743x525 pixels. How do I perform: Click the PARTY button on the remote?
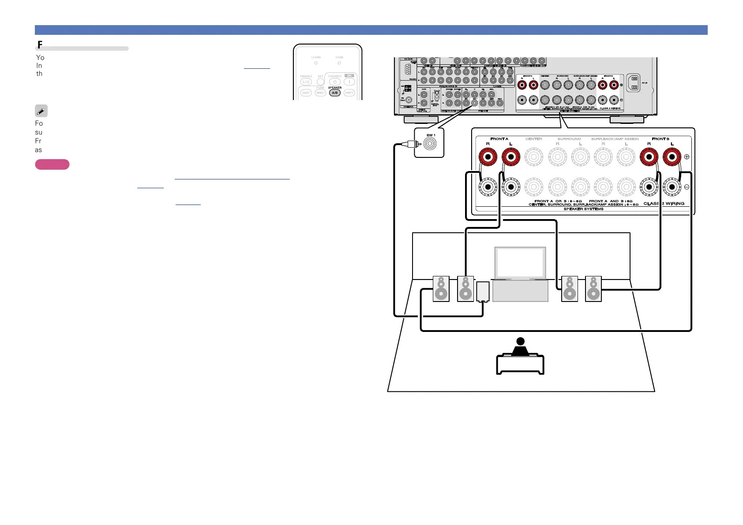349,93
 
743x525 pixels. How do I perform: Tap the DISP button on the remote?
306,93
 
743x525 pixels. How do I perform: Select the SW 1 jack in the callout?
430,144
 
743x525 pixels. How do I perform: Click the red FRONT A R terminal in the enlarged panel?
488,157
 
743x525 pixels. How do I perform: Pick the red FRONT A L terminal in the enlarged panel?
511,157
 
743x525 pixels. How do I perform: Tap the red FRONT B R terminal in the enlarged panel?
649,157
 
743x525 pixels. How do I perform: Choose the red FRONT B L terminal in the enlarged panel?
672,157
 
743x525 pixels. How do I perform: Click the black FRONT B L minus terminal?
672,187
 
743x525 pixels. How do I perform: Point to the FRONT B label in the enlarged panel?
660,139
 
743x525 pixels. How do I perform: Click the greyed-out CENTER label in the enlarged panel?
534,139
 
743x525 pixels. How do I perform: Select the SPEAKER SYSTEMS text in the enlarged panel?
583,209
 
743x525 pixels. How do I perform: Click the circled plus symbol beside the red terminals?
687,157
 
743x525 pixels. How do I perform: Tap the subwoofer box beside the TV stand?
483,291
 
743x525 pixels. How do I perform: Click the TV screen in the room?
520,263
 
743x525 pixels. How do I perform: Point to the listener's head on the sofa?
521,341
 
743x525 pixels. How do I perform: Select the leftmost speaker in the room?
441,289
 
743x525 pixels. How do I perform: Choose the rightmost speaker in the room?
593,289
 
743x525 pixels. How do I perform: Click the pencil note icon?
41,111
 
